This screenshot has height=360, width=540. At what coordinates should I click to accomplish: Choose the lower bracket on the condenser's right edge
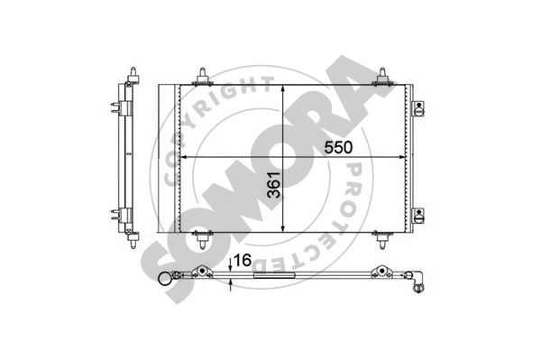point(417,214)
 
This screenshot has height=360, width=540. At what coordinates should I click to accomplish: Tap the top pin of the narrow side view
point(133,71)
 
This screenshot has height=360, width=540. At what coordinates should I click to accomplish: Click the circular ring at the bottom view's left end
point(167,281)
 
